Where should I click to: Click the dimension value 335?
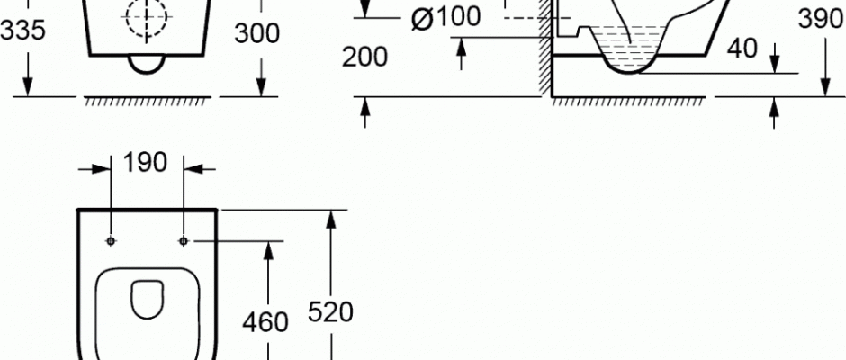22,31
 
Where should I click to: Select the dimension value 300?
256,33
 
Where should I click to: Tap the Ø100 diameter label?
445,18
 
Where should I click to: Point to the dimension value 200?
364,58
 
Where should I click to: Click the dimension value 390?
822,21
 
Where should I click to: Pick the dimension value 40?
742,49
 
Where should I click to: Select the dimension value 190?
145,163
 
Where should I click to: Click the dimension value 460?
265,323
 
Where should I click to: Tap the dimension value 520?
330,312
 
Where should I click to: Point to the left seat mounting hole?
111,240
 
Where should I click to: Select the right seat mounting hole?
184,240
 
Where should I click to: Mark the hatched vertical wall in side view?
545,49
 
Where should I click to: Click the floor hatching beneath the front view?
148,101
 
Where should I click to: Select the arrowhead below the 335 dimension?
28,86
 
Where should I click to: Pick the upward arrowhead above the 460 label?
268,251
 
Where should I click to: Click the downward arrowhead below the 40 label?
775,63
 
